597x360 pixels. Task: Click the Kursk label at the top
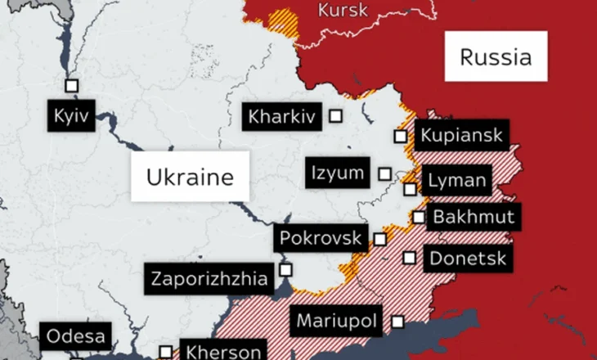tap(343, 11)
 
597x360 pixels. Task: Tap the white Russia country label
tap(496, 56)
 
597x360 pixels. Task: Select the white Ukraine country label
tap(191, 176)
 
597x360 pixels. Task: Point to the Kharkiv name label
tap(282, 117)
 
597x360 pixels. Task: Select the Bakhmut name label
tap(474, 218)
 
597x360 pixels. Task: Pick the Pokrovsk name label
tap(320, 238)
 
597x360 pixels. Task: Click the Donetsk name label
tap(469, 259)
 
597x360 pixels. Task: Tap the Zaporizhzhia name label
tap(209, 279)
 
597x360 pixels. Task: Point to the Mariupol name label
tap(336, 321)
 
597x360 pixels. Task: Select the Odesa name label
tap(76, 336)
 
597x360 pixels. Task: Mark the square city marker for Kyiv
tap(71, 86)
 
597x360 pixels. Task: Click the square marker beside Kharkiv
tap(335, 116)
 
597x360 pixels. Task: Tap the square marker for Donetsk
tap(409, 258)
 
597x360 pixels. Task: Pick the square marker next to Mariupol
tap(397, 322)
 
